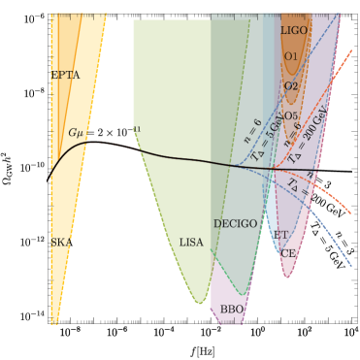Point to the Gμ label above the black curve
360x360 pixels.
77,132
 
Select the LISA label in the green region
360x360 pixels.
191,243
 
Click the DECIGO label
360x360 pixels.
235,224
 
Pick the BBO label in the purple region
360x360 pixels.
232,310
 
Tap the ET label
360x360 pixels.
280,235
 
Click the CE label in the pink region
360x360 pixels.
288,253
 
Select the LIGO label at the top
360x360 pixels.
293,31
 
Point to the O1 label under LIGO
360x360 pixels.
291,57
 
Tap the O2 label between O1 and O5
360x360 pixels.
291,86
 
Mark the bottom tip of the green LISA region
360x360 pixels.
200,304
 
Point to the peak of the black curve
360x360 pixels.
89,142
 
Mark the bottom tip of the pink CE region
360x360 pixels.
286,278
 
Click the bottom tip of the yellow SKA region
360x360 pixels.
55,323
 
